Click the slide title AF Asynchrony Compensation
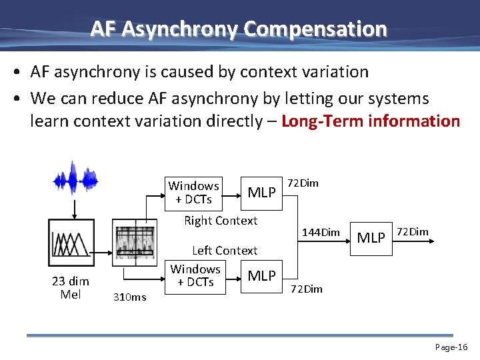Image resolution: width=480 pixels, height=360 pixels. point(239,29)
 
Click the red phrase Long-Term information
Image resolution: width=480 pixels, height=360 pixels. point(371,121)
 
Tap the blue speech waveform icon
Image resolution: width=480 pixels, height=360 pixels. point(74,178)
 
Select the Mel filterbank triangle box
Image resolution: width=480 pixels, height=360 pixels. point(71,243)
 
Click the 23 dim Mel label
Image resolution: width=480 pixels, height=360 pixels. point(71,288)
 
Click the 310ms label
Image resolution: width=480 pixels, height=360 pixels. point(129,297)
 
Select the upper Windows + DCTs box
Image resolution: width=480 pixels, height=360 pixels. point(194,193)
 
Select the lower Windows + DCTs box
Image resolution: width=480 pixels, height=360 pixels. point(195,275)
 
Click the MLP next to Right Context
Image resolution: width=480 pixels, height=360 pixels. point(262,193)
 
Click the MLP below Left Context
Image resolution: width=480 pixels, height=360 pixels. point(262,275)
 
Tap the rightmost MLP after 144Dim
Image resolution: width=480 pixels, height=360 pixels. point(372,237)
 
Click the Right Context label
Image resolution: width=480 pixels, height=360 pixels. point(221,221)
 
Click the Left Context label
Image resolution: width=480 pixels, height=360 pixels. point(224,251)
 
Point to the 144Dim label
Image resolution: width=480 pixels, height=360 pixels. point(321,233)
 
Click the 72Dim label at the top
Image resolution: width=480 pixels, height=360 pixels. point(303,183)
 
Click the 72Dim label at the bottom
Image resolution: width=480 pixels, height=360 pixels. point(306,289)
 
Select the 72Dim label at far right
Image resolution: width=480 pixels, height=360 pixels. point(413,232)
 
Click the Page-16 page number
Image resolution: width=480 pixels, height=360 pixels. point(451,347)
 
